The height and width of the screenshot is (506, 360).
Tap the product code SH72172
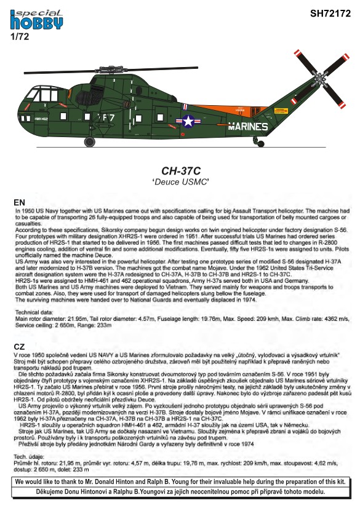(x=330, y=14)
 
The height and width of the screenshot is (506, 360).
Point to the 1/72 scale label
(x=20, y=36)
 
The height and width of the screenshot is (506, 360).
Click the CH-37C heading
(x=181, y=171)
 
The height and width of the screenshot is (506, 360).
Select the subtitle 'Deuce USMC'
(x=181, y=182)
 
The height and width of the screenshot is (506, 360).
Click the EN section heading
(x=19, y=202)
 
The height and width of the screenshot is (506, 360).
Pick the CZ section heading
(x=19, y=347)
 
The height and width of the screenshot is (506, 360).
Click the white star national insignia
(x=188, y=121)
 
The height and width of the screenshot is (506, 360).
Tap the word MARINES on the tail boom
(x=248, y=127)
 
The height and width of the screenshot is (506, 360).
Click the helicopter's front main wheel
(x=90, y=141)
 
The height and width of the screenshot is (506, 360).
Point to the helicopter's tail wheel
(x=260, y=144)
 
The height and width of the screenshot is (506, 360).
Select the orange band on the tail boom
(x=233, y=109)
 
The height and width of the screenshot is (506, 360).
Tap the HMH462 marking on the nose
(x=41, y=119)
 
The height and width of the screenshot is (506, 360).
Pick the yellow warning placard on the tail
(x=281, y=111)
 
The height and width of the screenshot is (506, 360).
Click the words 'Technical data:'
(x=34, y=312)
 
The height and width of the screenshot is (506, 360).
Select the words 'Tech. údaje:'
(x=29, y=457)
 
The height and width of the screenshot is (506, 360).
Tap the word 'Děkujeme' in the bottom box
(x=48, y=492)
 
